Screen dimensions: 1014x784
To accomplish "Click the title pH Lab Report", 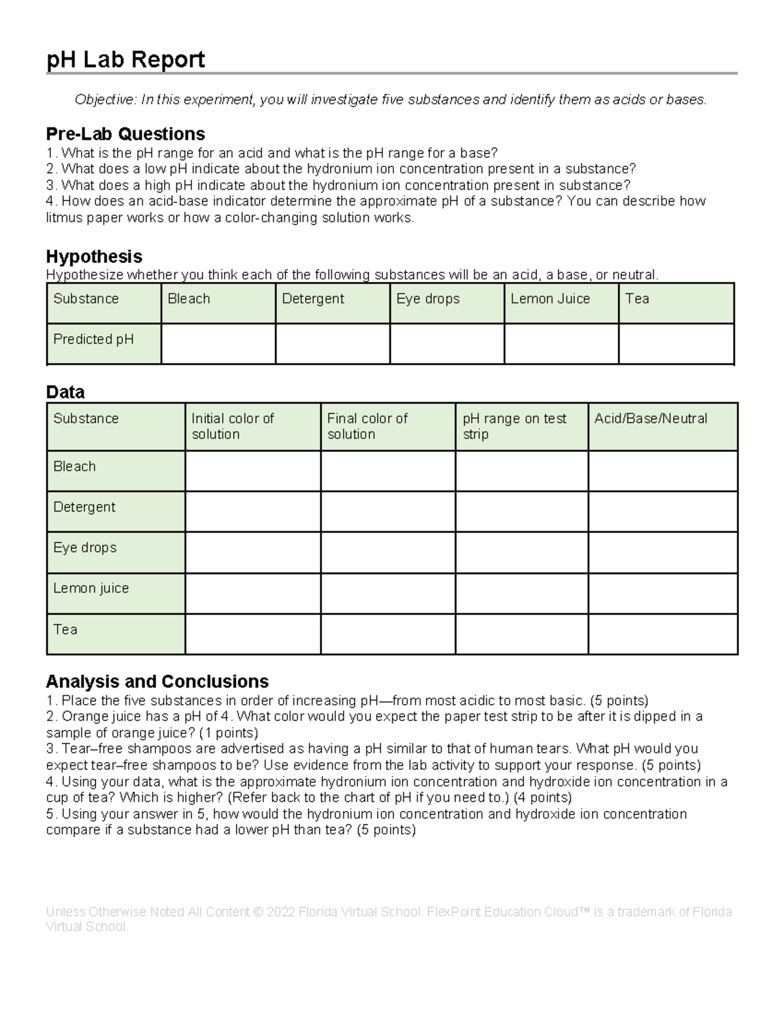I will click(x=125, y=59).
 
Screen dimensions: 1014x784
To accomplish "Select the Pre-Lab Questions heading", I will click(x=125, y=134).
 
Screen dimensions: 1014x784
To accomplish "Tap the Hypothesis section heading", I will click(x=94, y=256).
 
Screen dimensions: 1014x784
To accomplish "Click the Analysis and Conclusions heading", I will click(x=157, y=681).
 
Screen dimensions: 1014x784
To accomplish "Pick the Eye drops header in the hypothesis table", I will click(x=428, y=299).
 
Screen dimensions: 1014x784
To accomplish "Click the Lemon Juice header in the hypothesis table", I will click(x=550, y=299).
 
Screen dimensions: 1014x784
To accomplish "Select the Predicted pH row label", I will click(x=93, y=340).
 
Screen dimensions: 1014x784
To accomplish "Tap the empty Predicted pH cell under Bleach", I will click(x=218, y=343).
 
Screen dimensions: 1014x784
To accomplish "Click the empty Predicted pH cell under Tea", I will click(x=676, y=343).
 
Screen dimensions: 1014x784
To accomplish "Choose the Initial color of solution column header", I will click(x=233, y=426).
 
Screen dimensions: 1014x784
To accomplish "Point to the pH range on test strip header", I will click(x=514, y=426).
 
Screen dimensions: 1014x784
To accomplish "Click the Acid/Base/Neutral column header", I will click(x=651, y=419).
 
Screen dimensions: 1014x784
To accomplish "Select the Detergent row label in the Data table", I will click(x=84, y=507).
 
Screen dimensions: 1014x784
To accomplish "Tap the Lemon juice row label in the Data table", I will click(x=91, y=588).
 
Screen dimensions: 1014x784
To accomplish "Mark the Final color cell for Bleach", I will click(x=388, y=471).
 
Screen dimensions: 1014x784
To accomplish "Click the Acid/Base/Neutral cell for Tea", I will click(x=662, y=633).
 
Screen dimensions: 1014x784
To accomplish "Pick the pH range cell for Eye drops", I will click(x=521, y=552).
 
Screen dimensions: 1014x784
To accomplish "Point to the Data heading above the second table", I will click(x=65, y=392).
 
